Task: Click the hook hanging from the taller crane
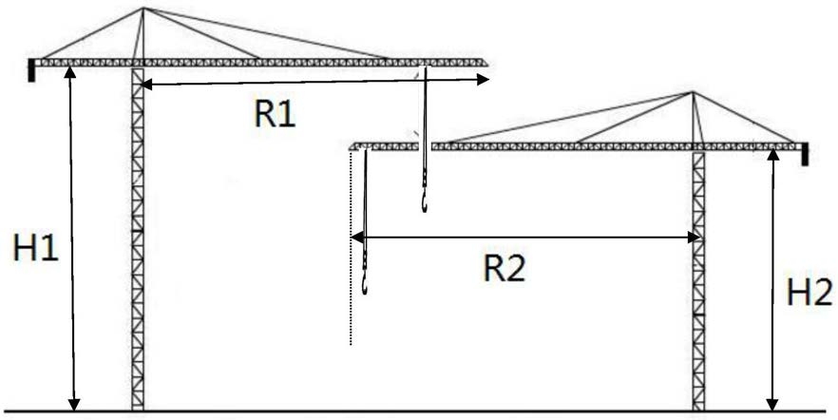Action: pos(424,200)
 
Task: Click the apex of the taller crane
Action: pos(143,9)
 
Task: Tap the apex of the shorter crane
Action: pos(694,93)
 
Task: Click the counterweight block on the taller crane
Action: pos(33,69)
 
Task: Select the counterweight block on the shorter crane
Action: pos(805,153)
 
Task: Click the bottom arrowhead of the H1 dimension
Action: pos(71,403)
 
